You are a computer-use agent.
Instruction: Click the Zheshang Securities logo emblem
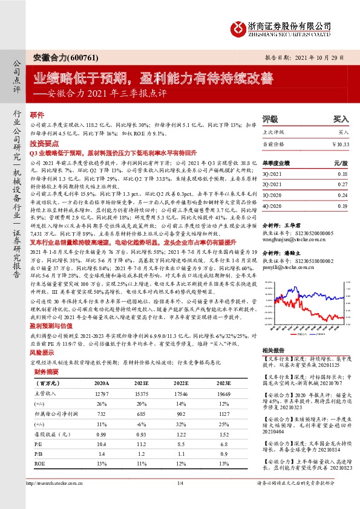point(237,27)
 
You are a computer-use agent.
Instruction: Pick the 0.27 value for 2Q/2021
point(343,184)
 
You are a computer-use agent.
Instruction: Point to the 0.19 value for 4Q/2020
point(343,206)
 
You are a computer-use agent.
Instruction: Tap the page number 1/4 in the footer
point(180,499)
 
